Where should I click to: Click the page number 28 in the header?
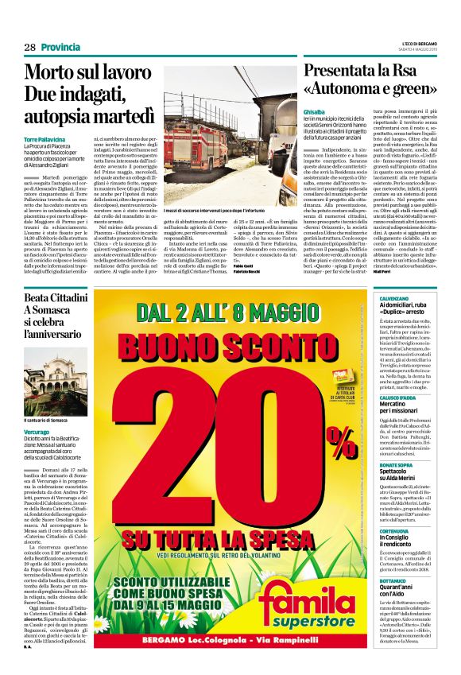(30, 48)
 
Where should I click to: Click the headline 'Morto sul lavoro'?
(76, 73)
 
